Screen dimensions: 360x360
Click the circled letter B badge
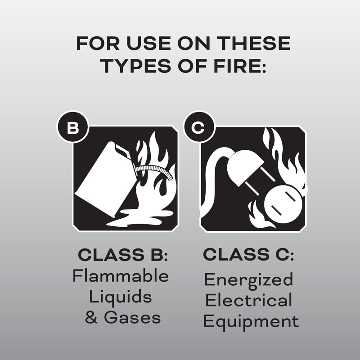72,128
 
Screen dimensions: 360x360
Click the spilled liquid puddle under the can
135,220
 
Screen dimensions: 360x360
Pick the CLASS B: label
123,255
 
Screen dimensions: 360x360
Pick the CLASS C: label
248,255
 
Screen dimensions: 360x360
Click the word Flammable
121,276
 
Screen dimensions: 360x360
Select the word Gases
132,318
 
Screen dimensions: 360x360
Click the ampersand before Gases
91,318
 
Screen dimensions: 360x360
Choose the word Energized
248,280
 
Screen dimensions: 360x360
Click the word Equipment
251,321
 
